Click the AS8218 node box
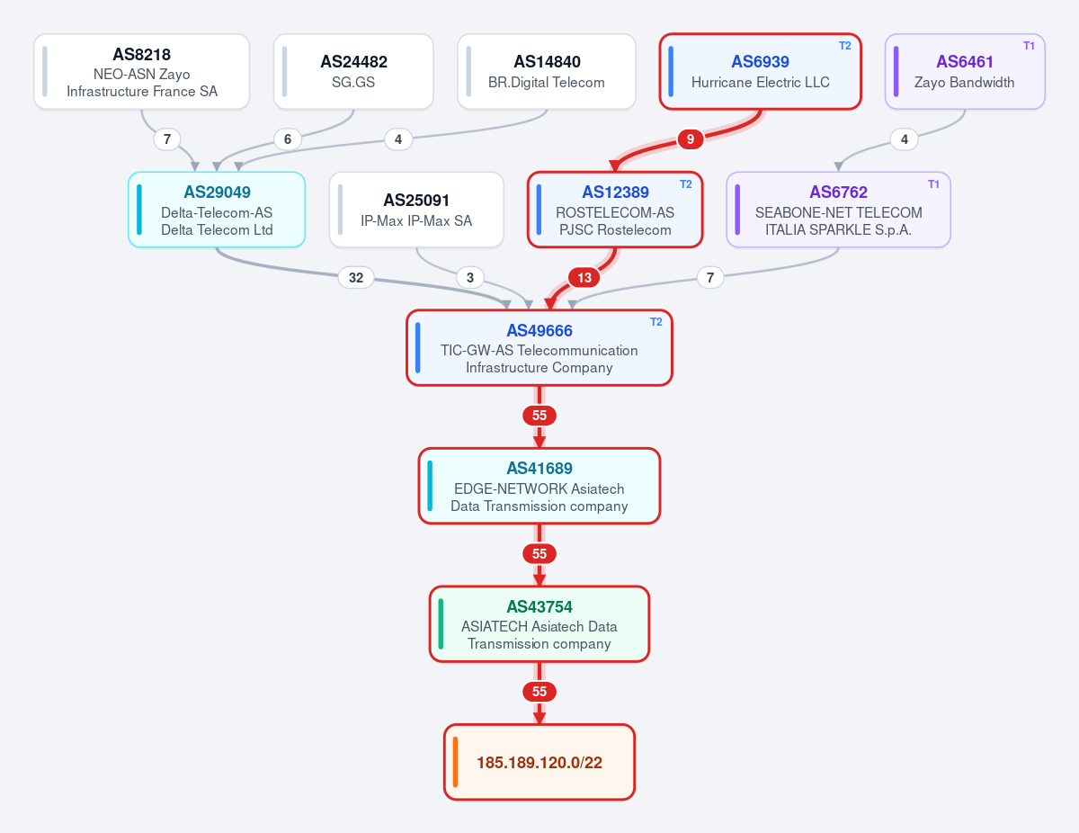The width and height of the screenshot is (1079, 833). [x=141, y=72]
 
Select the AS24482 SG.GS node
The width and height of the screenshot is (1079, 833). [x=353, y=72]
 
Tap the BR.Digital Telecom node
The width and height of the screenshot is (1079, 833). [x=547, y=72]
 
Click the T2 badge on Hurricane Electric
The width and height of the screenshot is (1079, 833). [x=844, y=46]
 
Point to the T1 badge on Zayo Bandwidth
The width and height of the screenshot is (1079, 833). [x=1029, y=46]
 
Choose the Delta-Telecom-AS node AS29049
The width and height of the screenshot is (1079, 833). [x=217, y=210]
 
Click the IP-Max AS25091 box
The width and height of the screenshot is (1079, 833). [x=416, y=210]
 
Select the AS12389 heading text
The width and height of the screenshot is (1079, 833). [x=615, y=192]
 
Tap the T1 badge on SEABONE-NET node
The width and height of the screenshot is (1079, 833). [x=933, y=184]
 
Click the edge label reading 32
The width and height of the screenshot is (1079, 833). [x=356, y=277]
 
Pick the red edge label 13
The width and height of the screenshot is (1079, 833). [x=584, y=277]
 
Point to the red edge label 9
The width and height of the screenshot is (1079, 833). [x=691, y=139]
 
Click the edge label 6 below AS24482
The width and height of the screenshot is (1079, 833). [x=288, y=139]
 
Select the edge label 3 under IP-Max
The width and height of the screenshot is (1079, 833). [x=470, y=277]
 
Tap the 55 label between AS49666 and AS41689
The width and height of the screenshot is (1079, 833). [x=539, y=416]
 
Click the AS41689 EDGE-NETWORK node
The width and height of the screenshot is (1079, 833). [x=539, y=486]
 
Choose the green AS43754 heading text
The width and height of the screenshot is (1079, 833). [x=539, y=606]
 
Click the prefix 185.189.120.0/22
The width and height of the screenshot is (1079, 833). [x=539, y=763]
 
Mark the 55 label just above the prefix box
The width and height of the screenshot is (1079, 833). [x=539, y=692]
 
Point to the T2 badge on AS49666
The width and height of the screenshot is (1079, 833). [x=655, y=322]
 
